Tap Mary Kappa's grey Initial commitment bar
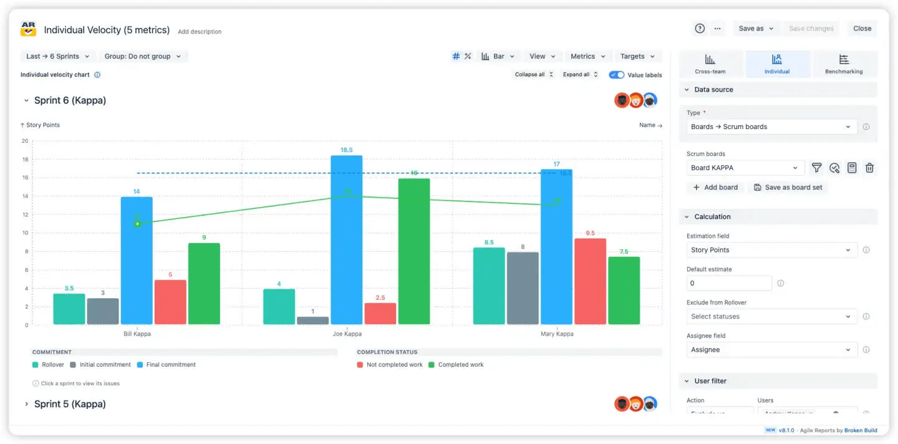coord(523,288)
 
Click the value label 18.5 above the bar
coord(347,150)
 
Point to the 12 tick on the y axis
coord(25,215)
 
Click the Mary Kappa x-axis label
coord(557,334)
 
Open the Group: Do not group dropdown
coord(143,56)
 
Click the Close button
coord(862,28)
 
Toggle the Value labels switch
coord(617,75)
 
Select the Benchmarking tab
coord(844,64)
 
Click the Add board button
coord(715,187)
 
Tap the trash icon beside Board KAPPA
coord(869,168)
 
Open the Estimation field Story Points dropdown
coord(771,250)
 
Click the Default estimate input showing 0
coord(728,283)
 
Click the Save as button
coord(756,28)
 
